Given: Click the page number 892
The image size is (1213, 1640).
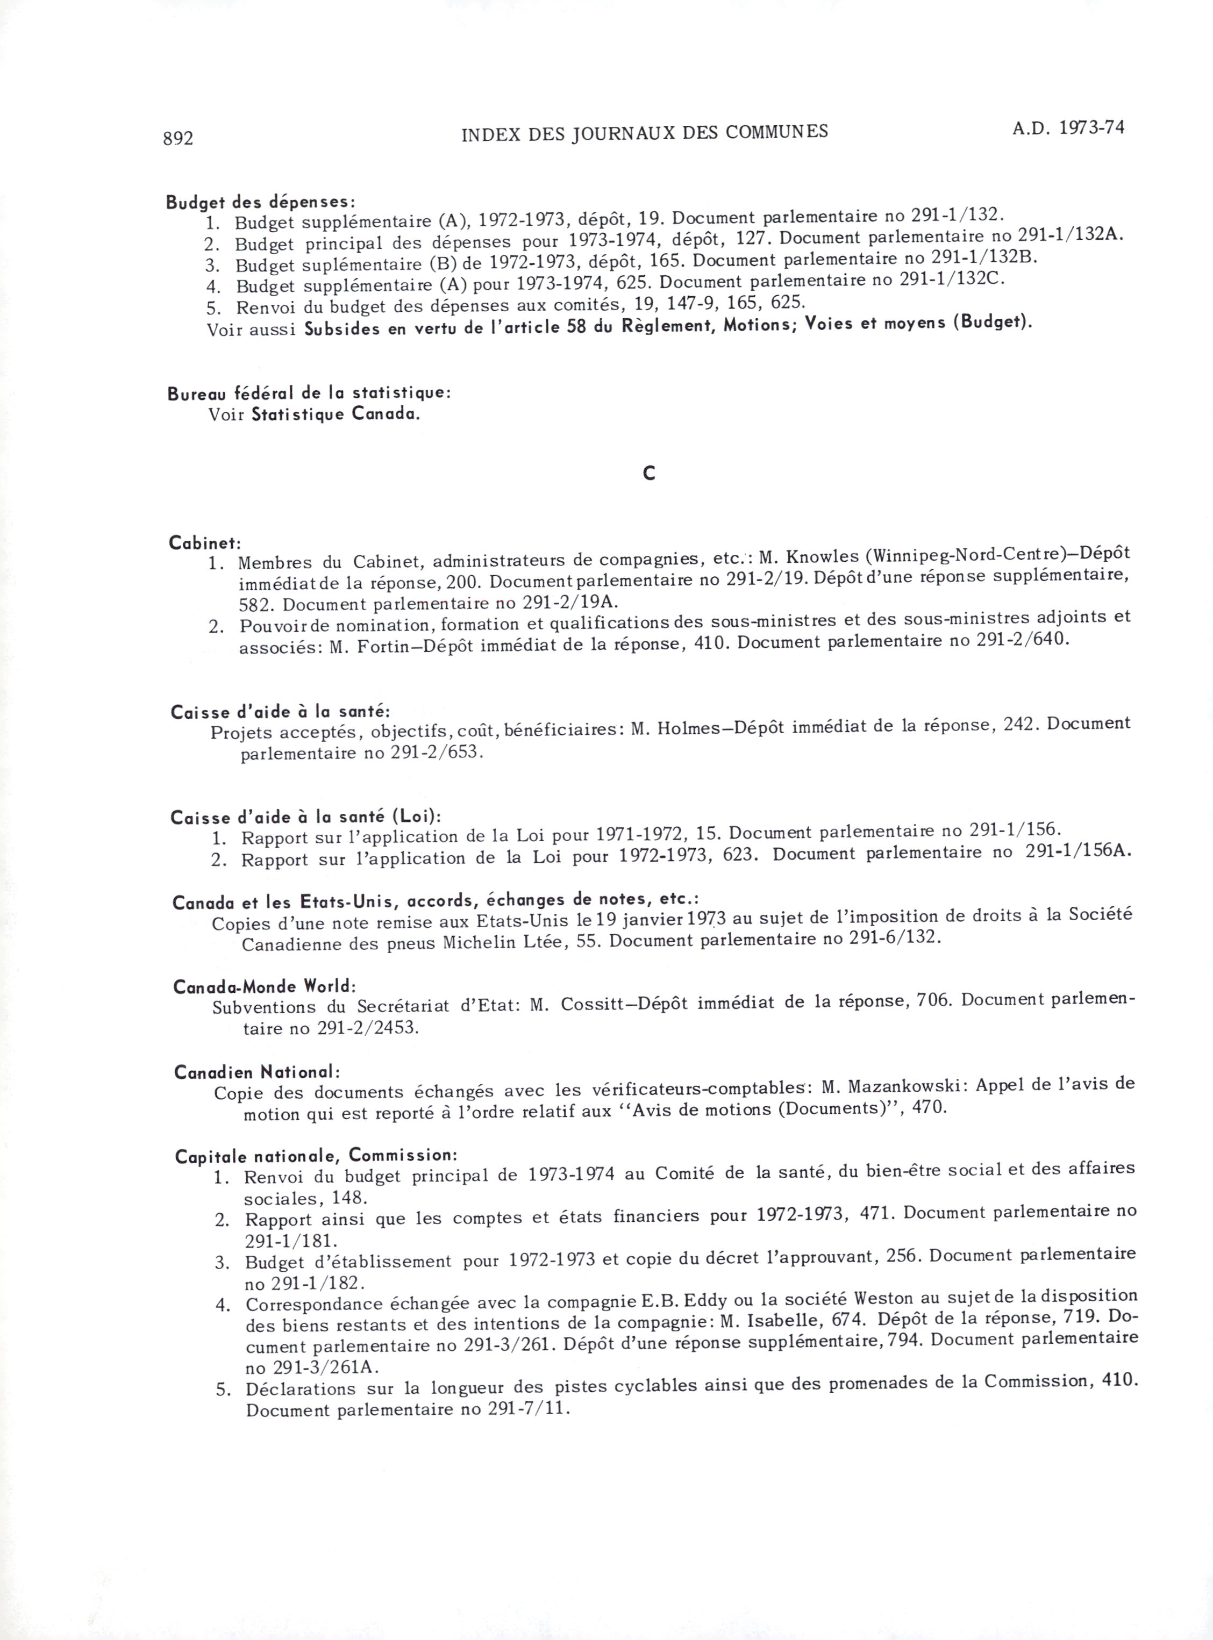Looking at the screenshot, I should (177, 138).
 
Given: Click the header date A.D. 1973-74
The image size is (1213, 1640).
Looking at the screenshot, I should (1068, 128).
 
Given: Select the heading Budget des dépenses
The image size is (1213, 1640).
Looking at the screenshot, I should (261, 201).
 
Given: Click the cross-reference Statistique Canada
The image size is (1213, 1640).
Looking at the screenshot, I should (336, 414).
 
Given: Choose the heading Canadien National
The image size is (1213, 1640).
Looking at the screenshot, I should (257, 1072).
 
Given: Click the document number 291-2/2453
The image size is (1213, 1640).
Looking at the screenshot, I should (369, 1027).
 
